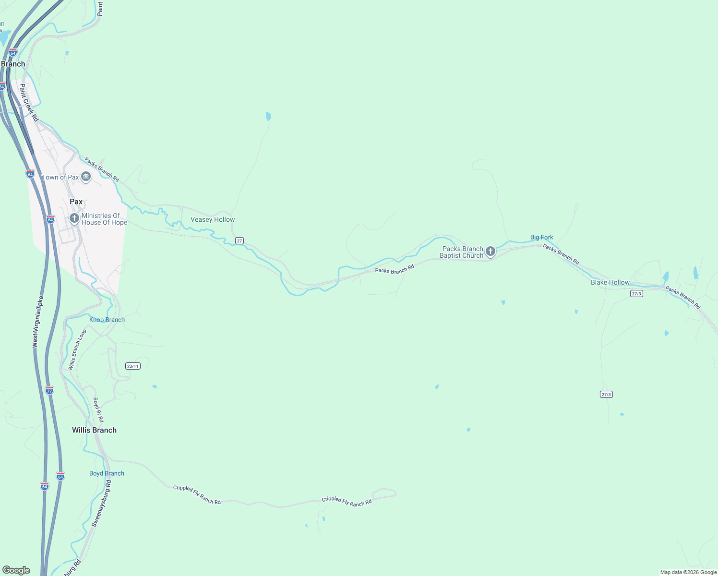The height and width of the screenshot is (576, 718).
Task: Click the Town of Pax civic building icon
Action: tap(86, 177)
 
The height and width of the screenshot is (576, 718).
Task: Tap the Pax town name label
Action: tap(76, 202)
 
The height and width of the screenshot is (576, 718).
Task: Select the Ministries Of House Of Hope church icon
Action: tap(74, 219)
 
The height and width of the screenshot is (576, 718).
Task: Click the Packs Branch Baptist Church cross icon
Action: tap(490, 251)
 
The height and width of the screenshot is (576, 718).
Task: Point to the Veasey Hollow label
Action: tap(213, 219)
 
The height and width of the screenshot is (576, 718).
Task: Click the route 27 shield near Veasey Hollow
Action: tap(239, 240)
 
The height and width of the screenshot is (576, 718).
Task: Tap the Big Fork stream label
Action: tap(541, 237)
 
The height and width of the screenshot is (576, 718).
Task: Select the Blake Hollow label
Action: tap(610, 282)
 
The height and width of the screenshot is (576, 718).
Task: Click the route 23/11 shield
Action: tap(133, 366)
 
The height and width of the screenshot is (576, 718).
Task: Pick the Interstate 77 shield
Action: tap(49, 390)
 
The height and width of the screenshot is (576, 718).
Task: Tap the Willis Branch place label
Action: tap(94, 430)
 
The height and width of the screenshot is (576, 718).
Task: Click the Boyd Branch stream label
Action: tap(107, 473)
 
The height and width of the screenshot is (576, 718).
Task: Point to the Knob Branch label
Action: tap(107, 320)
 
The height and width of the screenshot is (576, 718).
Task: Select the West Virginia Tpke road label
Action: tap(38, 322)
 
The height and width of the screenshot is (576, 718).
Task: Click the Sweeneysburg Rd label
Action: tap(101, 505)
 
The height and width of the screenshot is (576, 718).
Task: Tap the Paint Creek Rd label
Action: tap(29, 102)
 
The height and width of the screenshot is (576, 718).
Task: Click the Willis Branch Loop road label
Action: tap(77, 349)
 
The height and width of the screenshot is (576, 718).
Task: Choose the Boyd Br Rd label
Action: tap(98, 409)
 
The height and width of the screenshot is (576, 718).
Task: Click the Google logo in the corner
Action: tap(16, 570)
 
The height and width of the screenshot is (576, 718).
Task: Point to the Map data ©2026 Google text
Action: tap(688, 572)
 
